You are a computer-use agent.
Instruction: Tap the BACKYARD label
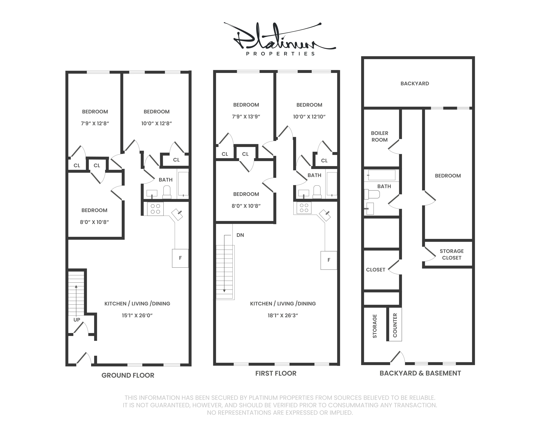(x=415, y=83)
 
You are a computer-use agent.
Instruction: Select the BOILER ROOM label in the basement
(x=379, y=136)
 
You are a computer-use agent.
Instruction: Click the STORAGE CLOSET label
(x=452, y=254)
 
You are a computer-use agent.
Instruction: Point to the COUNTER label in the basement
(x=395, y=325)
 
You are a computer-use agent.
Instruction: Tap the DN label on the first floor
(x=240, y=235)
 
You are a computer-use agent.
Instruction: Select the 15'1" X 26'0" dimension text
(x=137, y=315)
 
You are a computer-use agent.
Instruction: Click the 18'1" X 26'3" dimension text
(x=283, y=315)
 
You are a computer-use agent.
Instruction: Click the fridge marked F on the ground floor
(x=180, y=258)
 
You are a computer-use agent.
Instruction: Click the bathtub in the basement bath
(x=382, y=175)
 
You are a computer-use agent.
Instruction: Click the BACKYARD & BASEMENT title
(x=420, y=373)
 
